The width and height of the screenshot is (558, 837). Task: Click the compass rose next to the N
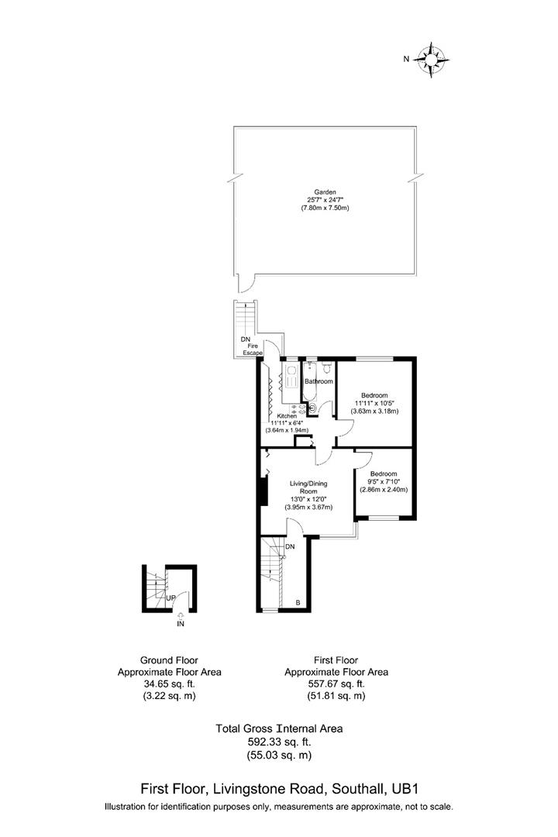pyautogui.click(x=432, y=60)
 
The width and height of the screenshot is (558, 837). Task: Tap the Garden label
pyautogui.click(x=325, y=191)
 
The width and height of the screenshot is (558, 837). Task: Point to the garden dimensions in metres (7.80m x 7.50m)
pyautogui.click(x=325, y=208)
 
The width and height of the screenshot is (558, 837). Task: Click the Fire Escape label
pyautogui.click(x=253, y=348)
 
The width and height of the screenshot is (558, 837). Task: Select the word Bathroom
pyautogui.click(x=318, y=381)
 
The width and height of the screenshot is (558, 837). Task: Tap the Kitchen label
pyautogui.click(x=287, y=416)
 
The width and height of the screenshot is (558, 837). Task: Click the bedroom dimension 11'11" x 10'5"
pyautogui.click(x=376, y=403)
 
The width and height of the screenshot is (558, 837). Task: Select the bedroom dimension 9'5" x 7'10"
pyautogui.click(x=384, y=481)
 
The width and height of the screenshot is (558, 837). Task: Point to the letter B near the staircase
pyautogui.click(x=298, y=602)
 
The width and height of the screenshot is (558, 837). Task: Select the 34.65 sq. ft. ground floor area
pyautogui.click(x=169, y=684)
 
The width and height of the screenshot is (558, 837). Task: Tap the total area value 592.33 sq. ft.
pyautogui.click(x=278, y=741)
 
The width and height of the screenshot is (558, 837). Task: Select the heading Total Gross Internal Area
pyautogui.click(x=278, y=728)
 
